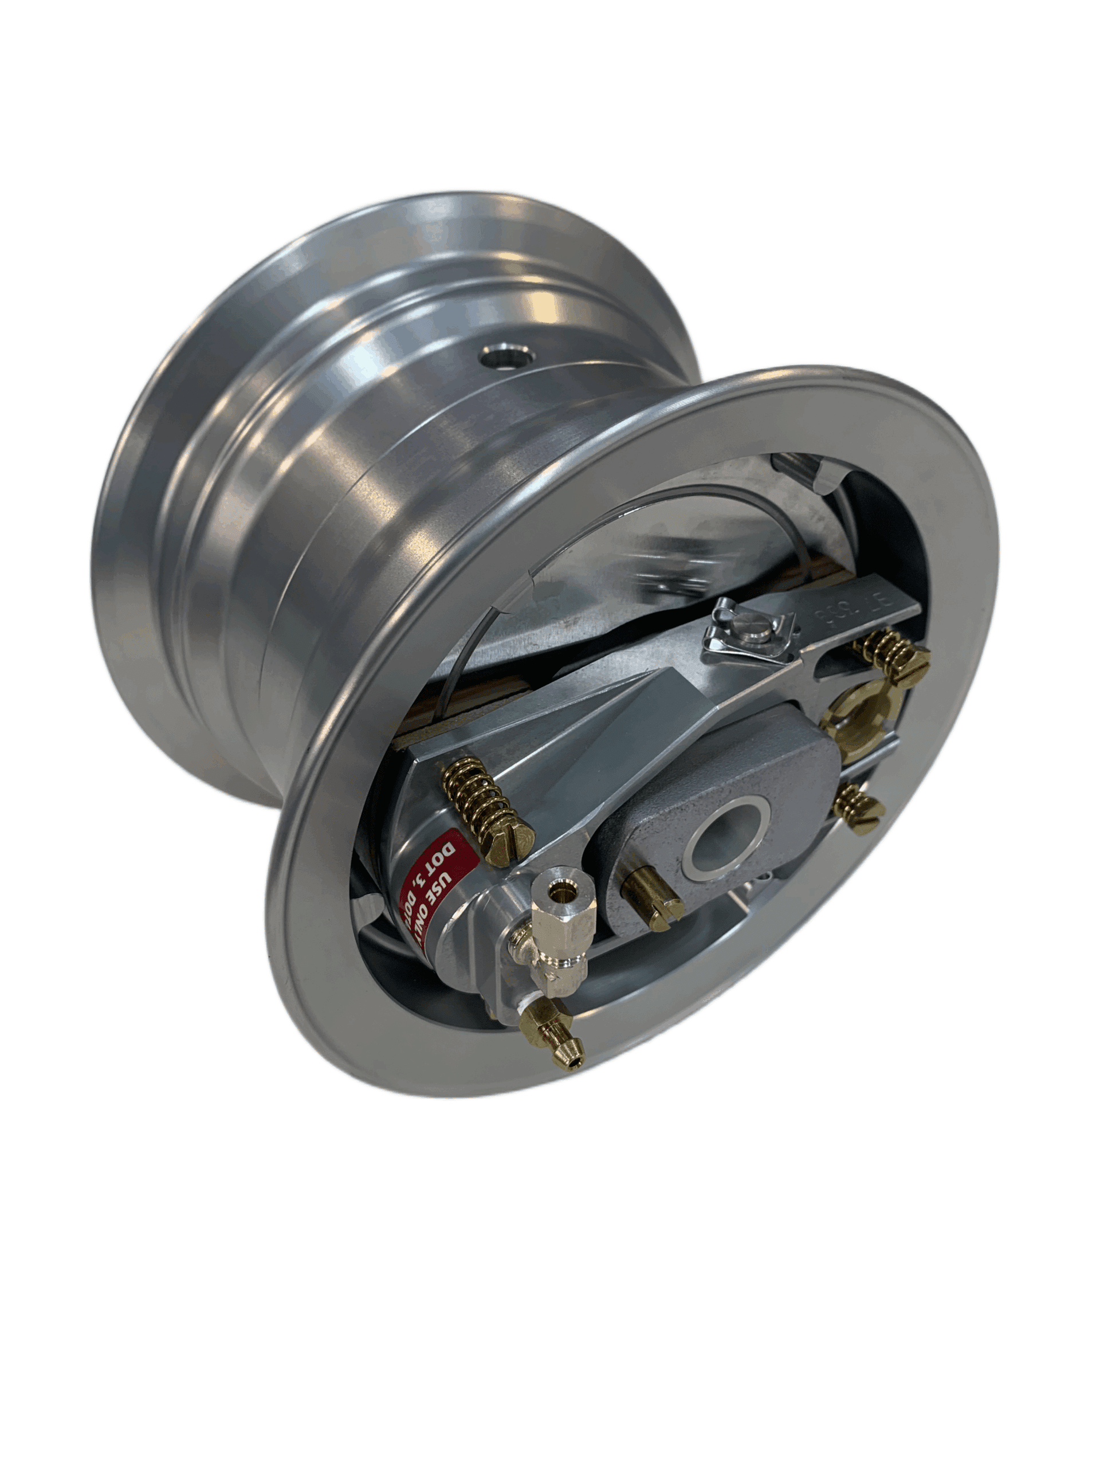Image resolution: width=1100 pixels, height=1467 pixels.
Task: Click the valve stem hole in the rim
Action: tap(507, 358)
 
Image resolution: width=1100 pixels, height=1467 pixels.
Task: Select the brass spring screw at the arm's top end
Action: tap(895, 657)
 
